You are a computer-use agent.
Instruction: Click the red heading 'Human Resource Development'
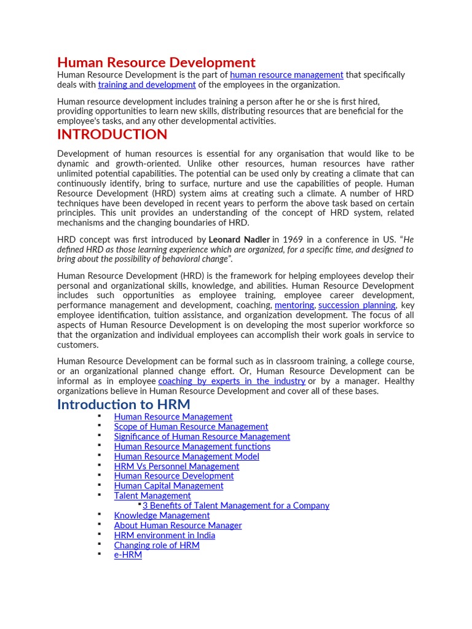click(x=156, y=63)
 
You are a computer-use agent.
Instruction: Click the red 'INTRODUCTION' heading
click(x=112, y=135)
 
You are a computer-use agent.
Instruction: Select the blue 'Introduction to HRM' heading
click(x=124, y=404)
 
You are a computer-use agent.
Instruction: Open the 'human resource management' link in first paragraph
click(x=286, y=75)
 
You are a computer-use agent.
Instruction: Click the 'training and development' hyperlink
click(x=147, y=85)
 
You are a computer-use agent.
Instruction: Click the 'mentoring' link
click(x=294, y=305)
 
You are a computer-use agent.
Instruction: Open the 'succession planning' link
click(x=356, y=305)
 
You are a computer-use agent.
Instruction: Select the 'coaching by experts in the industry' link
click(x=232, y=381)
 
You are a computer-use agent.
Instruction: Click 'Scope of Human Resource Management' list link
click(x=191, y=426)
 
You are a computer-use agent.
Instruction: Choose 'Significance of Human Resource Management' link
click(x=202, y=436)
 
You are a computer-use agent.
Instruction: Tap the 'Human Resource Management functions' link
click(x=192, y=447)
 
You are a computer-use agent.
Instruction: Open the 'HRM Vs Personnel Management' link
click(x=176, y=466)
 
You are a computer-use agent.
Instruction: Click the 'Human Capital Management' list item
click(x=168, y=486)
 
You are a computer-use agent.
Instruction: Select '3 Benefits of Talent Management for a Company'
click(x=236, y=506)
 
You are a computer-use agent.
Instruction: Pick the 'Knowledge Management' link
click(x=162, y=515)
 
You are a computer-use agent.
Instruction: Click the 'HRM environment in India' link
click(x=164, y=535)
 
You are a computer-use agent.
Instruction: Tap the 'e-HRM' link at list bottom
click(x=128, y=555)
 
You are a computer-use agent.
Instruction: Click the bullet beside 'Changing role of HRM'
click(x=98, y=544)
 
